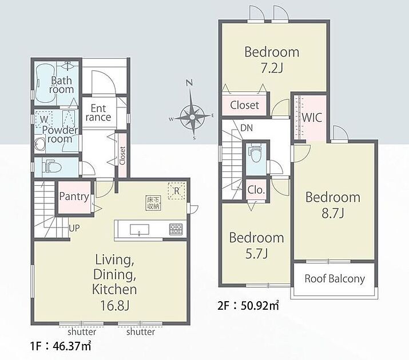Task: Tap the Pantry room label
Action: [74, 197]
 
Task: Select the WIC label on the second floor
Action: [312, 118]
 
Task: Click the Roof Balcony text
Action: [335, 279]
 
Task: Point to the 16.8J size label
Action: [115, 305]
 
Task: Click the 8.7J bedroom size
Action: [333, 213]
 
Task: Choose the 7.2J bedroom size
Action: [272, 68]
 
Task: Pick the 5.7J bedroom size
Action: [257, 254]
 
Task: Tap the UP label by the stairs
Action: [74, 229]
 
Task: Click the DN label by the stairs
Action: [247, 128]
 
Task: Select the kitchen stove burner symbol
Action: [176, 229]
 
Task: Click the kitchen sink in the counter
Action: [140, 230]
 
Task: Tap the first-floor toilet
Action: [51, 166]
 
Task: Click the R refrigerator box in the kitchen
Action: [177, 191]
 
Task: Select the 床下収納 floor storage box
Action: [153, 203]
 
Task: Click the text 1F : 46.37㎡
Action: [61, 346]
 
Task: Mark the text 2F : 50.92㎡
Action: [248, 306]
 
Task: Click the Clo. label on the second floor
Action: [256, 190]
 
